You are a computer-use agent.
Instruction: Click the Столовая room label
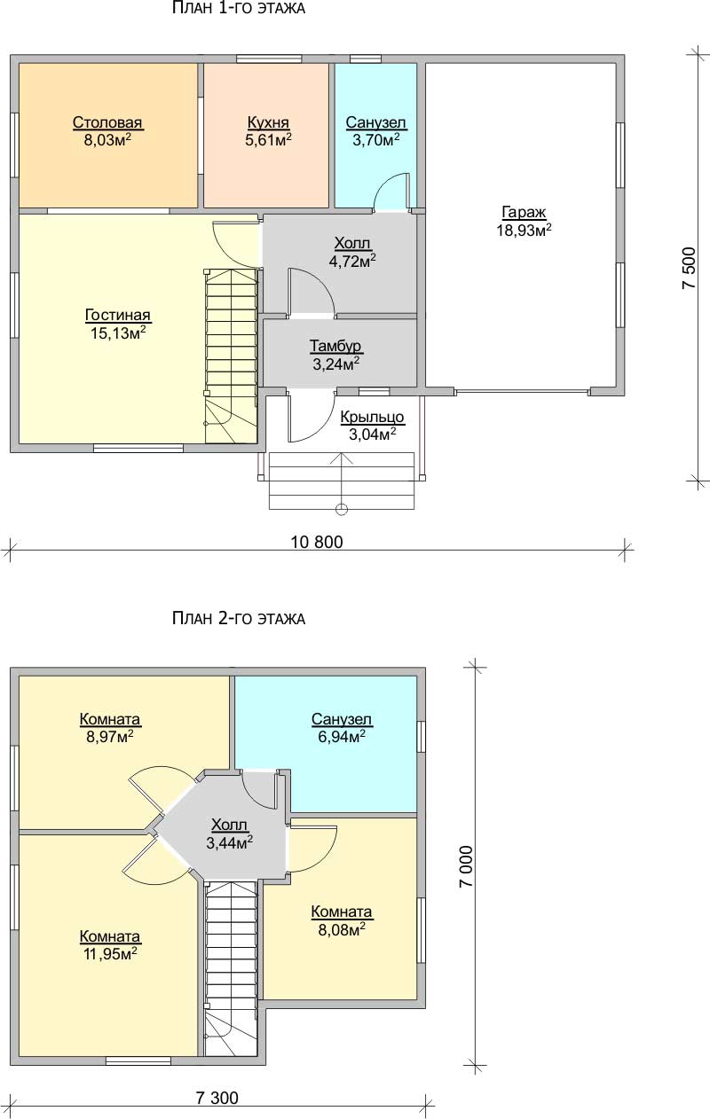[x=107, y=122]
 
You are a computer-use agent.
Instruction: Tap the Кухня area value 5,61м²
[x=269, y=140]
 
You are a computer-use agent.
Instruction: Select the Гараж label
[x=524, y=213]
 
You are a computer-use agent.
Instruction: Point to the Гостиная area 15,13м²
[x=118, y=333]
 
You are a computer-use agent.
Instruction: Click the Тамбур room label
[x=335, y=346]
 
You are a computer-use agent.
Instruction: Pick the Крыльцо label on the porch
[x=372, y=417]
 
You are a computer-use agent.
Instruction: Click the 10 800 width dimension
[x=317, y=542]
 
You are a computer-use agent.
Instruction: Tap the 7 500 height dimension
[x=689, y=268]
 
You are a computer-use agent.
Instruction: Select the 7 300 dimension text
[x=217, y=1098]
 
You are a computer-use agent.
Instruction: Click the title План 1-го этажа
[x=239, y=8]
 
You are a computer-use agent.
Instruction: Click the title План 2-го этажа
[x=239, y=618]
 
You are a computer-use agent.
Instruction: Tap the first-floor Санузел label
[x=375, y=122]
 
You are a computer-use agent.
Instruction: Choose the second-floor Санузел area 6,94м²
[x=342, y=736]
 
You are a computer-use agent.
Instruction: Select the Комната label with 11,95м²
[x=110, y=936]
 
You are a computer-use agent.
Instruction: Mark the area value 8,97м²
[x=110, y=736]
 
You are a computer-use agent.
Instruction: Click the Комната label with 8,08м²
[x=342, y=912]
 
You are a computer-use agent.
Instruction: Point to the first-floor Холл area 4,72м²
[x=352, y=261]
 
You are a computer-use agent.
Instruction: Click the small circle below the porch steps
[x=342, y=509]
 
